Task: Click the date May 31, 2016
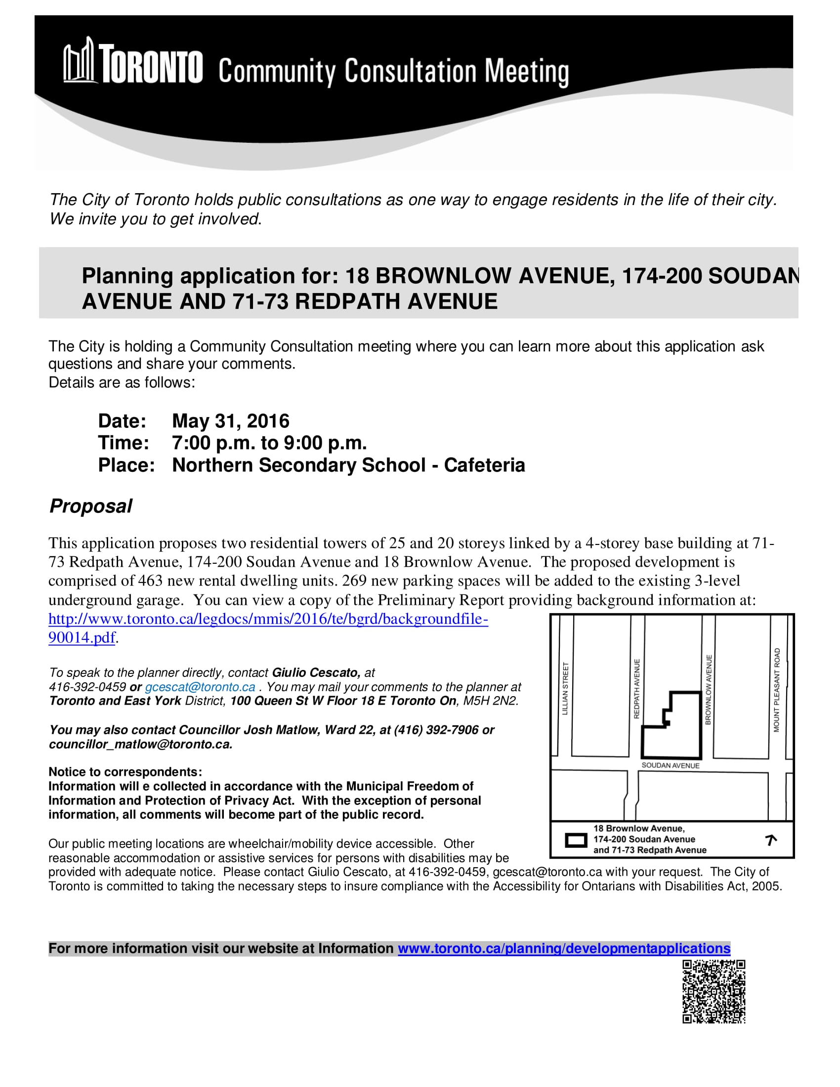tap(230, 421)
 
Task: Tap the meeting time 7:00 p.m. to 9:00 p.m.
tap(269, 443)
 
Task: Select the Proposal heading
tap(90, 506)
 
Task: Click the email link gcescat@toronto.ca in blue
tap(200, 687)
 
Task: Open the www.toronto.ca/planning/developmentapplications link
tap(564, 949)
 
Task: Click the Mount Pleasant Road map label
tap(776, 690)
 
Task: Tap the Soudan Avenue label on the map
tap(671, 765)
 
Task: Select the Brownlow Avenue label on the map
tap(709, 690)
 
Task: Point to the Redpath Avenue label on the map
tap(636, 689)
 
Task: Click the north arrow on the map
tap(771, 840)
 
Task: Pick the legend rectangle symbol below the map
tap(576, 840)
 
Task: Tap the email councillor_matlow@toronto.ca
tap(140, 745)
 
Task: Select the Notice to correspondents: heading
tap(126, 772)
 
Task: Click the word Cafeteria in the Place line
tap(484, 465)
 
